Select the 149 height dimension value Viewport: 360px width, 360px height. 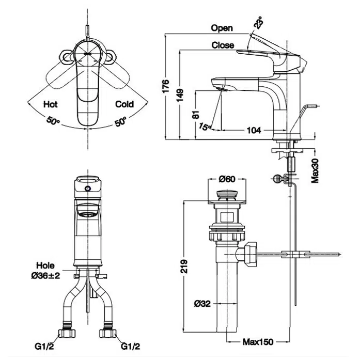[x=180, y=95]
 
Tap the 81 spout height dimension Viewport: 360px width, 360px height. [x=195, y=114]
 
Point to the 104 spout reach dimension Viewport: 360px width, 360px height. [x=254, y=130]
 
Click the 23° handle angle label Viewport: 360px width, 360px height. [x=259, y=23]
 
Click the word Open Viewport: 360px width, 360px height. [x=222, y=28]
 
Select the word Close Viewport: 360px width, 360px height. [x=223, y=45]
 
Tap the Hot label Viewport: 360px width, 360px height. [x=50, y=104]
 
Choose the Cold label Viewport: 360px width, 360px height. [x=124, y=104]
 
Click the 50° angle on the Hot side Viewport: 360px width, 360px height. [x=53, y=121]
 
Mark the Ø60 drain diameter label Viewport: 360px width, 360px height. [x=227, y=179]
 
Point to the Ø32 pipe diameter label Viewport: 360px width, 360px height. [x=202, y=304]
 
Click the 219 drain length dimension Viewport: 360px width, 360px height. [x=184, y=266]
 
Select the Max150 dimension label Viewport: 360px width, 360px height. [x=258, y=342]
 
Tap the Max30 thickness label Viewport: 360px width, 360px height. [x=315, y=170]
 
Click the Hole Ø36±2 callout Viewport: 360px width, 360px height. [x=45, y=271]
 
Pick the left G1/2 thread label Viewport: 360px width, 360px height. [x=44, y=346]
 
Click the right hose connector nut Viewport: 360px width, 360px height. [x=107, y=333]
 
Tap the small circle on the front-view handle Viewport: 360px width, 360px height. [x=88, y=189]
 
